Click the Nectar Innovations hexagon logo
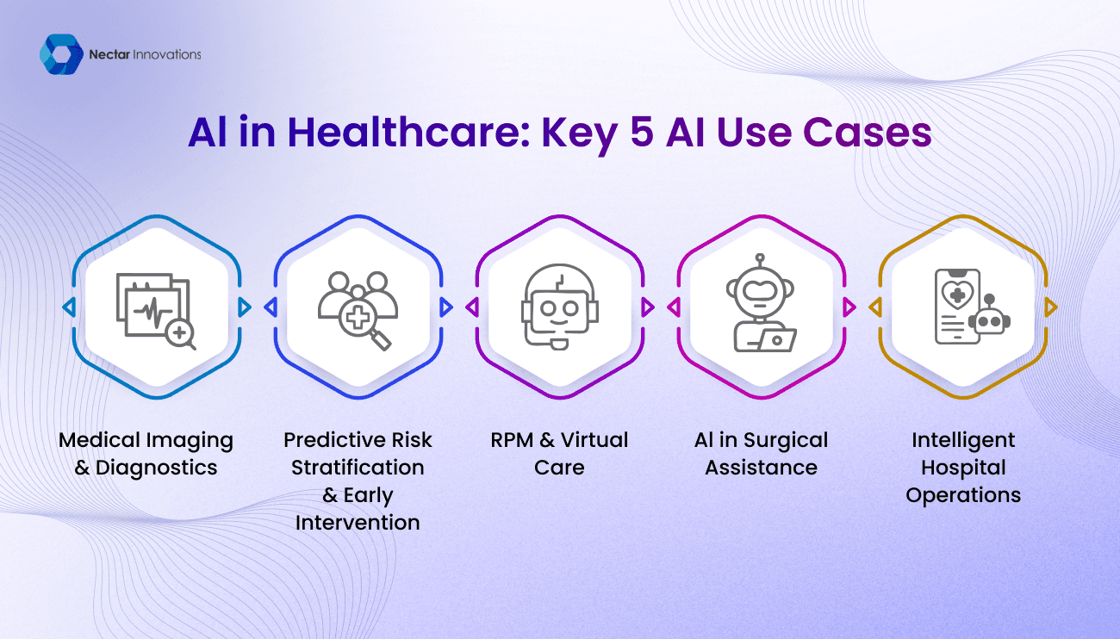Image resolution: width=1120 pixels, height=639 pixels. click(x=61, y=54)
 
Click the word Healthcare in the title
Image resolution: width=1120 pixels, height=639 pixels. click(x=408, y=133)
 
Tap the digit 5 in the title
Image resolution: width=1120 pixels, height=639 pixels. click(x=642, y=133)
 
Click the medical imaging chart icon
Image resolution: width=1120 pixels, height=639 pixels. click(x=156, y=311)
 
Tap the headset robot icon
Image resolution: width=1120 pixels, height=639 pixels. click(x=560, y=307)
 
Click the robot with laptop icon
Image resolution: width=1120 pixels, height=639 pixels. click(x=761, y=303)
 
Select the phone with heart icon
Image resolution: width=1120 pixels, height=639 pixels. click(x=972, y=307)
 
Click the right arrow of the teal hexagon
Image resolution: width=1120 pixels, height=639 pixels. click(x=244, y=307)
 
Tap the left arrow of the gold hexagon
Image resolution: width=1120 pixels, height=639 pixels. click(x=875, y=307)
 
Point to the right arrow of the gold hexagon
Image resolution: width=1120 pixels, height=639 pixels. click(x=1051, y=307)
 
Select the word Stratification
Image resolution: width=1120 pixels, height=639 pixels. click(x=358, y=468)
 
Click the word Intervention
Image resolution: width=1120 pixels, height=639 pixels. click(x=358, y=523)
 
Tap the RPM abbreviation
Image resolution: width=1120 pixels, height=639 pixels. click(x=512, y=440)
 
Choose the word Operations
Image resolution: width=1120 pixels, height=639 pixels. click(x=963, y=495)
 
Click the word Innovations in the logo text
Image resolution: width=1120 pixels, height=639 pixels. click(x=167, y=54)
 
